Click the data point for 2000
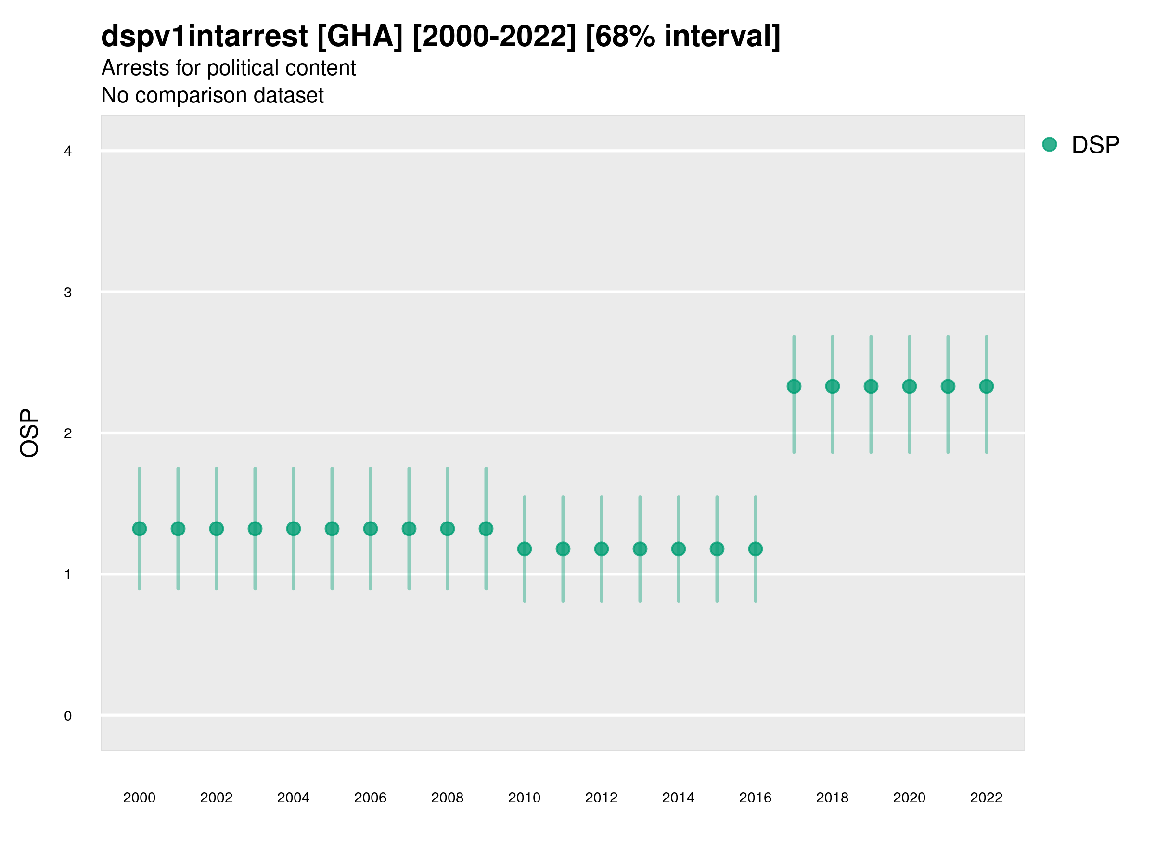pos(140,529)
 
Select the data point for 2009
pos(486,529)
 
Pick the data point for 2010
pos(524,548)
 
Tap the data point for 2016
pos(756,548)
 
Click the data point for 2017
pos(794,386)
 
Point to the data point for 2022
pos(987,386)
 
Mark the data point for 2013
pos(640,548)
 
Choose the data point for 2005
pos(332,529)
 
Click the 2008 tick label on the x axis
pos(448,798)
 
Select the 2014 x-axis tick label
pos(678,798)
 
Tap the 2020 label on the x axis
pos(909,798)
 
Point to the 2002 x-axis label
pos(216,798)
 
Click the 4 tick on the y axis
pos(68,152)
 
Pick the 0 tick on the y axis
pos(68,716)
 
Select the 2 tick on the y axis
pos(68,434)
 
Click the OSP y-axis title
pos(29,433)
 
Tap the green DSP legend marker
pos(1050,145)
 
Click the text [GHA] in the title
pos(360,37)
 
